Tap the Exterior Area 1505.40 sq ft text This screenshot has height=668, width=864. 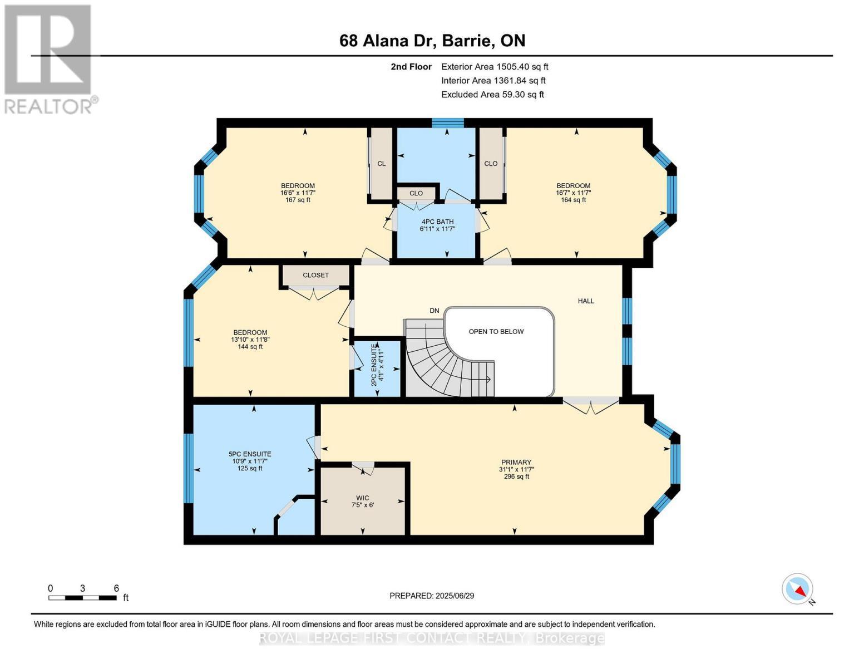coord(495,66)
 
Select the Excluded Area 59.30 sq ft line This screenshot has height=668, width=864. coord(492,95)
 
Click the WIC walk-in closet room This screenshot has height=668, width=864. coord(363,502)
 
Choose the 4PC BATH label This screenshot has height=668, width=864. coord(437,225)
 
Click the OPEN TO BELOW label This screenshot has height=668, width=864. coord(496,332)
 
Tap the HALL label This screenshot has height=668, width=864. coord(585,301)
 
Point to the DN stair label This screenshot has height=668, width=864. coord(434,311)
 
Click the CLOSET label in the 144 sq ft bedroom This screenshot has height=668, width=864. coord(315,275)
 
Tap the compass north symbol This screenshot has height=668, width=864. coord(797,589)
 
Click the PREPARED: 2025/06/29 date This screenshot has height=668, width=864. coord(432,596)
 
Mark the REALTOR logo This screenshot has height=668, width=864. coord(49,59)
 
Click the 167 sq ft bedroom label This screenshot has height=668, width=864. coord(298,193)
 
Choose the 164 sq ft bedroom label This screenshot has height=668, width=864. coord(573,193)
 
